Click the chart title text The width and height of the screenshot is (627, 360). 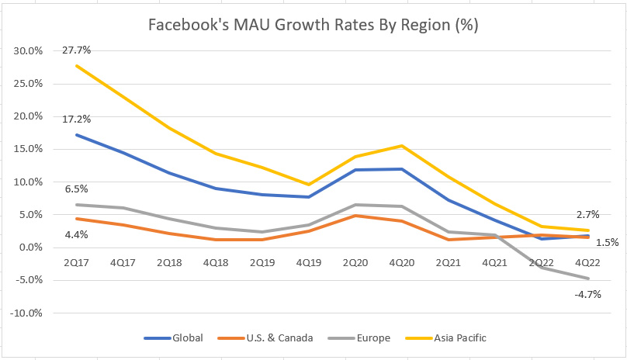(x=313, y=25)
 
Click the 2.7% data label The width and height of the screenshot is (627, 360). (x=588, y=214)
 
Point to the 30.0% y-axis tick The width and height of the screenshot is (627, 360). (x=27, y=51)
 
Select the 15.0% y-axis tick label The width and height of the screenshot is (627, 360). (x=27, y=149)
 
